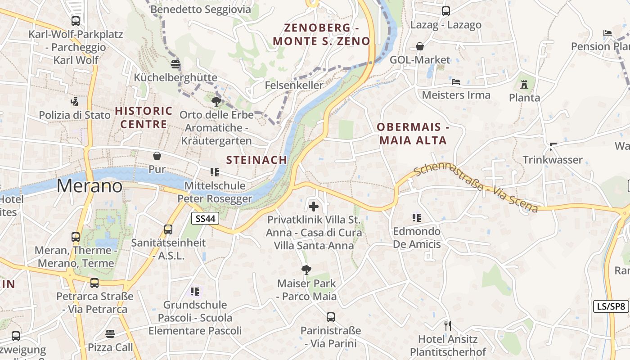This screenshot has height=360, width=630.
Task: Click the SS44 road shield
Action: (x=206, y=219)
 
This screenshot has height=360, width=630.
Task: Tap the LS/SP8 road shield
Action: (x=611, y=306)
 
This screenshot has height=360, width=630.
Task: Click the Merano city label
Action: (x=90, y=186)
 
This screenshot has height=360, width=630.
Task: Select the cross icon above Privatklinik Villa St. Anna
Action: (x=314, y=207)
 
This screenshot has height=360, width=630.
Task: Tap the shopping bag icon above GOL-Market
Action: (x=420, y=46)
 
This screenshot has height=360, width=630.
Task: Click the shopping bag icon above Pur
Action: (x=157, y=156)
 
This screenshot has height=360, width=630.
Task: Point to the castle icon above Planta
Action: (x=524, y=84)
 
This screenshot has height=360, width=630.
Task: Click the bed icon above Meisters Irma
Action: (x=456, y=82)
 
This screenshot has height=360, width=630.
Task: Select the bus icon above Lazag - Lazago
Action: (x=446, y=11)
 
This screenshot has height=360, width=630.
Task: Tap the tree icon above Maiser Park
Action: (x=306, y=270)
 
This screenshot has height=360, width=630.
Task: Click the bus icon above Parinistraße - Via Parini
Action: (x=331, y=317)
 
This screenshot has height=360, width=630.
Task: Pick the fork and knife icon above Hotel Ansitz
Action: (x=447, y=325)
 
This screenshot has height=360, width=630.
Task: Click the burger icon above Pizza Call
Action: (x=110, y=334)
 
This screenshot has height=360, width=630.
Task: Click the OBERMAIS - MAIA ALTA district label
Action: (x=413, y=134)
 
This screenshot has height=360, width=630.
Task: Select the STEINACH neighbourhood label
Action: (x=256, y=160)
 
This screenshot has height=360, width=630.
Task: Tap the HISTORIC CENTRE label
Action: (x=144, y=117)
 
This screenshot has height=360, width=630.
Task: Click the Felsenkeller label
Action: (x=294, y=85)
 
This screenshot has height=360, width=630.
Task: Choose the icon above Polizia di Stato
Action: (x=74, y=101)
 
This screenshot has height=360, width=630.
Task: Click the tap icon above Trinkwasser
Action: (x=553, y=146)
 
